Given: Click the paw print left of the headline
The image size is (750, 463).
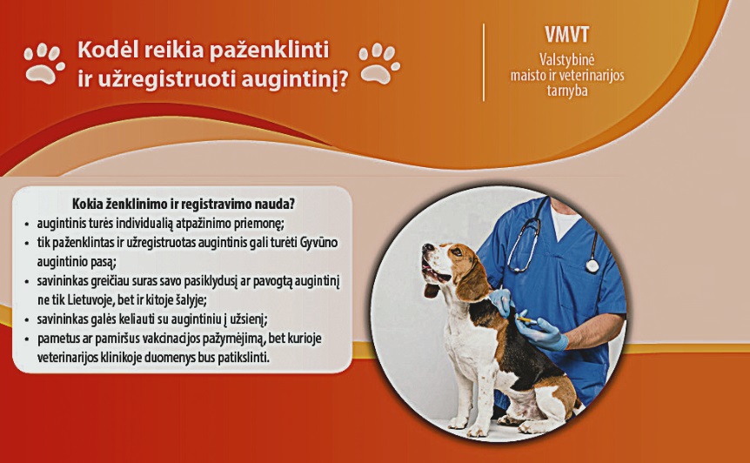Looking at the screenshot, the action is [x=44, y=64].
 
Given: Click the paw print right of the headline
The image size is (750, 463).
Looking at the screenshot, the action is [x=379, y=64].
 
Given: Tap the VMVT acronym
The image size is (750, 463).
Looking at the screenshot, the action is [x=566, y=35].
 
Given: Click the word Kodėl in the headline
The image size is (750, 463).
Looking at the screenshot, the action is [x=105, y=50].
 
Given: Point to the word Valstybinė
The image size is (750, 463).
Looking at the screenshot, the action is [x=566, y=60].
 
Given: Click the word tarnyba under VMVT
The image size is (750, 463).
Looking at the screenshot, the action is [x=566, y=91].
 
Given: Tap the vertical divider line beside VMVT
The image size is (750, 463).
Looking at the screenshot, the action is [x=484, y=62].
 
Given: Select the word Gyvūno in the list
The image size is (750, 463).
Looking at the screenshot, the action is [x=319, y=243].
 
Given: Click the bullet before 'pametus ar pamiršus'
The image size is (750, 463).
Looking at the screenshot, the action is [x=27, y=339].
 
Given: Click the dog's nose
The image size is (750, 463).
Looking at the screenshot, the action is [x=426, y=248].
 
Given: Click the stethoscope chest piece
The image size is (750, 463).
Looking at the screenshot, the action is [x=593, y=265].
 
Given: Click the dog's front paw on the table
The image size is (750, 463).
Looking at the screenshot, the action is [x=458, y=423].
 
